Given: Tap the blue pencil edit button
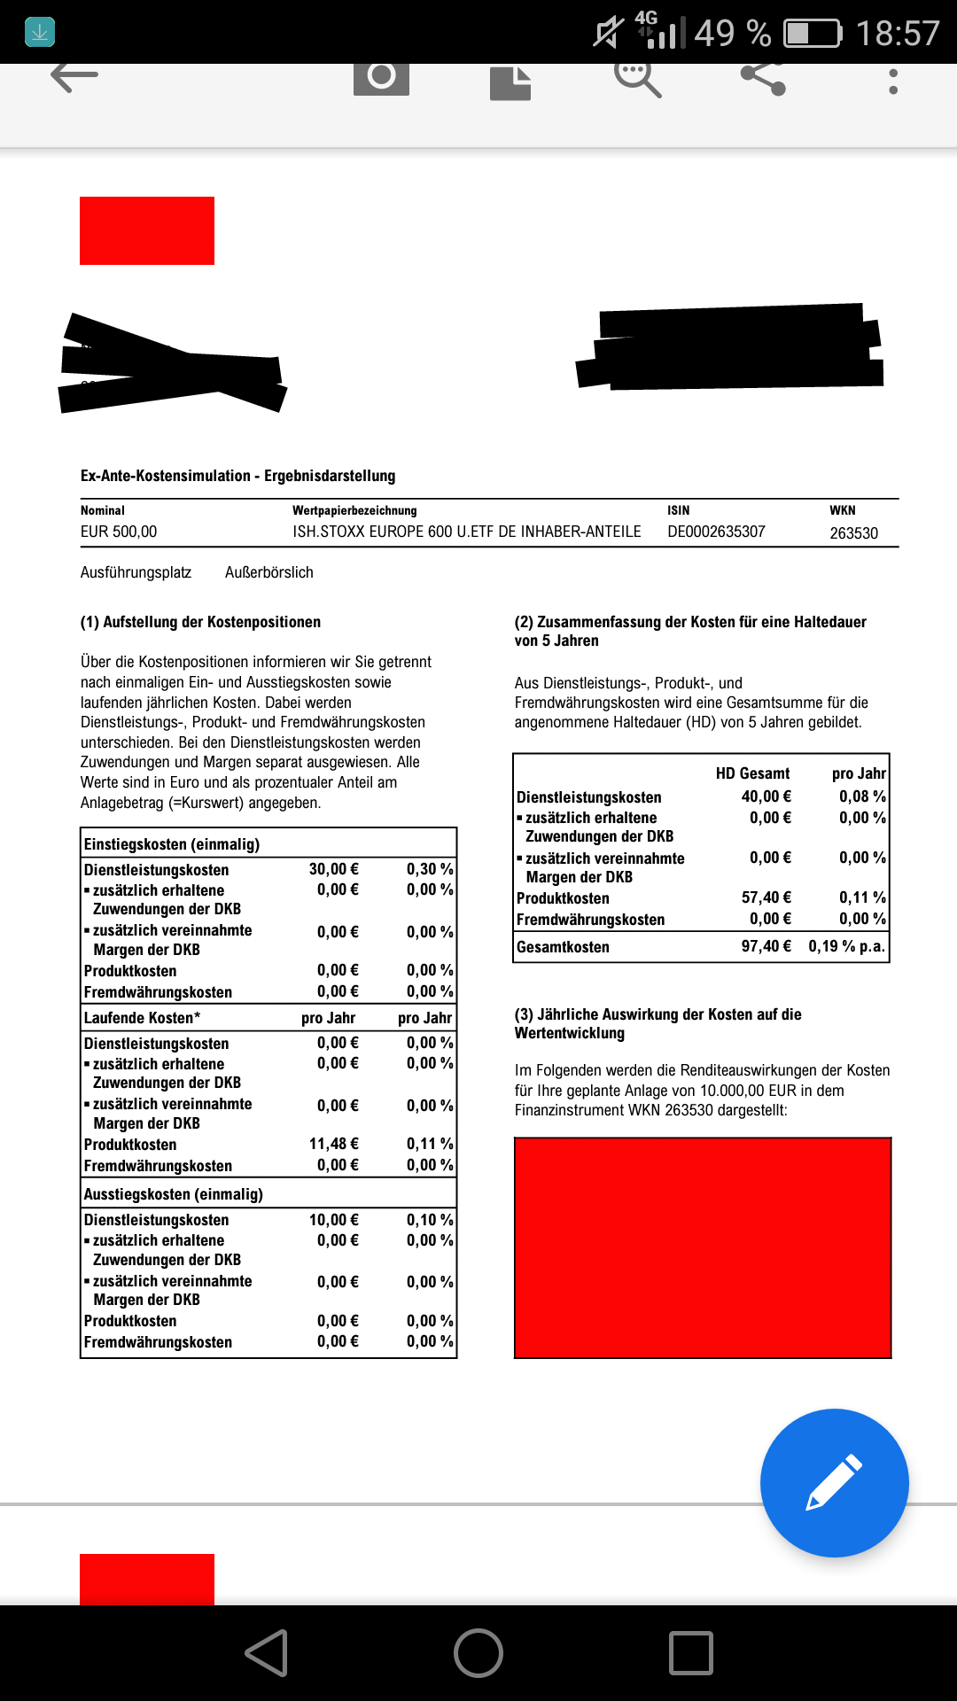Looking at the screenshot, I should point(834,1482).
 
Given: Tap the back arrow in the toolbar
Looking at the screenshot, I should point(74,77).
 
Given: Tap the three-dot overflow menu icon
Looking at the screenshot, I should point(893,82).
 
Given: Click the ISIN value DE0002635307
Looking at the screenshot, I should point(716,532).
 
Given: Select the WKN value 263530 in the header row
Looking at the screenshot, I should point(853,533).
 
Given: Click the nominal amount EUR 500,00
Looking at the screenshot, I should point(119,532).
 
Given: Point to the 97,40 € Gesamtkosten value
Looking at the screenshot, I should point(766,946).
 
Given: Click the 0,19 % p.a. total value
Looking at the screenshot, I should point(846,946).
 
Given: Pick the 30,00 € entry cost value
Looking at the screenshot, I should point(333,869).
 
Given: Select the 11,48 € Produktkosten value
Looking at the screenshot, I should point(333,1144).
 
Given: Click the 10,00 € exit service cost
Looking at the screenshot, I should point(333,1220).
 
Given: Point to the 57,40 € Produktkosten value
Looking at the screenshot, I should point(766,897).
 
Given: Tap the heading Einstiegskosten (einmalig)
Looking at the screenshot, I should point(172,844).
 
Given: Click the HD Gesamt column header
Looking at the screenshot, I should point(752,773).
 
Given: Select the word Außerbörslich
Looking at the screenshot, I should point(269,572).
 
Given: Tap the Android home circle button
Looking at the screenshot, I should point(478,1653).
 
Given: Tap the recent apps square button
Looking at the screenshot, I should point(691,1653).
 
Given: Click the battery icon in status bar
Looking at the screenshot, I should point(813,34).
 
